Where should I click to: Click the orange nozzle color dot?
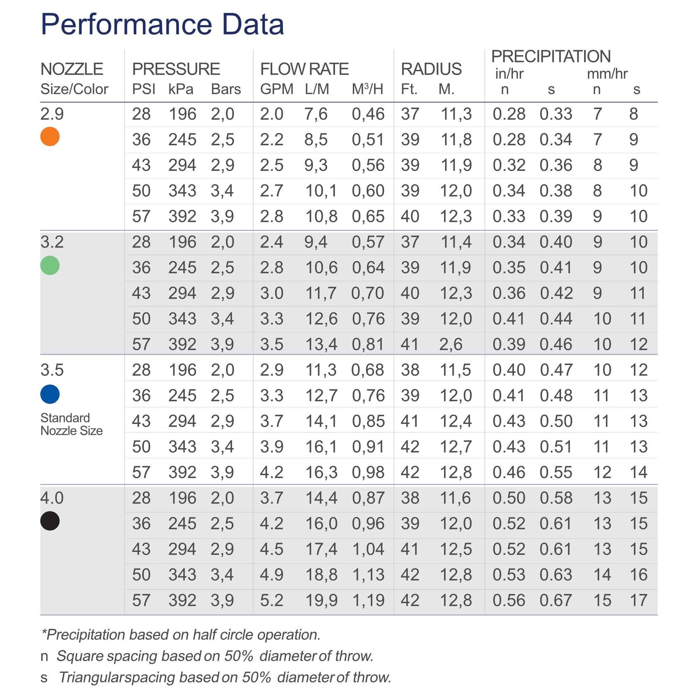(x=50, y=137)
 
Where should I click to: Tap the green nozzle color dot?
(x=50, y=265)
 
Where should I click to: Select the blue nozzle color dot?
(x=50, y=394)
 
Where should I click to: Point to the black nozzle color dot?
(x=50, y=521)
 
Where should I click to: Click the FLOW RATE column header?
(x=304, y=69)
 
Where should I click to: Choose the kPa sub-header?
(x=181, y=89)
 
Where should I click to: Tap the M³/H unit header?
(x=367, y=89)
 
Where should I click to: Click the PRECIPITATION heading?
(x=551, y=56)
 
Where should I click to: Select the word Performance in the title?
(x=127, y=24)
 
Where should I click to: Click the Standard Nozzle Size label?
(x=71, y=424)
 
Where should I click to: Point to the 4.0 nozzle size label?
(x=52, y=498)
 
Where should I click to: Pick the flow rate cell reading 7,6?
(x=315, y=114)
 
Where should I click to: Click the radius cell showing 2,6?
(x=451, y=344)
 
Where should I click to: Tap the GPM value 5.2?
(x=271, y=600)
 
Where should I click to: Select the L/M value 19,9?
(x=321, y=600)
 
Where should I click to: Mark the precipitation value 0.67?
(x=556, y=600)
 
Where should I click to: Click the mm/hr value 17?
(x=638, y=600)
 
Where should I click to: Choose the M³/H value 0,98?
(x=368, y=472)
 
